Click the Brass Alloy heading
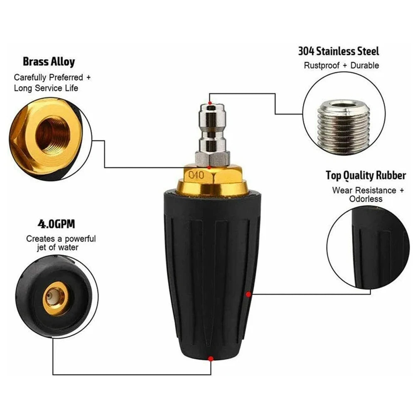49,62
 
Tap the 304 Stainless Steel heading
339,51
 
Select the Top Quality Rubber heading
366,176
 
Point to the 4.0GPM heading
56,224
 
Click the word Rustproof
322,66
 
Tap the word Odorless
366,199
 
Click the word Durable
365,65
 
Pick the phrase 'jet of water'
57,248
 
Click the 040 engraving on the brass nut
196,175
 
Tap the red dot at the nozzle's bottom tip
210,359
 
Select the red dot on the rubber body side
248,294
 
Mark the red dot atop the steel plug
210,103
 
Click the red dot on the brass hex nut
209,167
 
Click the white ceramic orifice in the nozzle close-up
53,297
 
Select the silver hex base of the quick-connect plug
213,158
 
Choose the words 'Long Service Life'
46,88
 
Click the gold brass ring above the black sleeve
212,187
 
